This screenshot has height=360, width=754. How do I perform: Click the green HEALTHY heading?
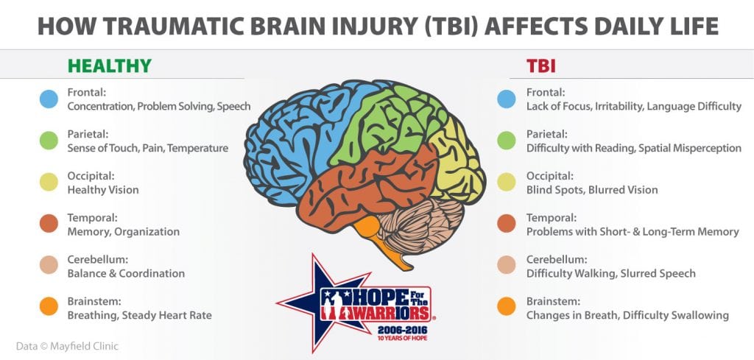(x=109, y=66)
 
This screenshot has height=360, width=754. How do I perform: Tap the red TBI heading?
(x=540, y=66)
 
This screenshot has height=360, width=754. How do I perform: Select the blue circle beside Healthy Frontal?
(x=49, y=99)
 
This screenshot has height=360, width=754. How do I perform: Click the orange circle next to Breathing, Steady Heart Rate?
(x=49, y=308)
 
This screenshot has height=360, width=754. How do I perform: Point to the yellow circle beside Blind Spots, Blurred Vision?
(x=507, y=183)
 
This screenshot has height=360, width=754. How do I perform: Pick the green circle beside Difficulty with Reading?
(x=507, y=141)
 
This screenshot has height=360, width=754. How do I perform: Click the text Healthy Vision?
(x=102, y=190)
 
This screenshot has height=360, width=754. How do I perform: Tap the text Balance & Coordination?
(x=125, y=273)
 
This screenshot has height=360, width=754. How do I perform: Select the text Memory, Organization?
(x=123, y=232)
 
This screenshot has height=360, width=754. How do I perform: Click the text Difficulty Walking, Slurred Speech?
(x=610, y=273)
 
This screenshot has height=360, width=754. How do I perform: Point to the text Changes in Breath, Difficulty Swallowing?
(x=627, y=315)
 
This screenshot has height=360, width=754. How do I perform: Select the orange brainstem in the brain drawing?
(x=394, y=247)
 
